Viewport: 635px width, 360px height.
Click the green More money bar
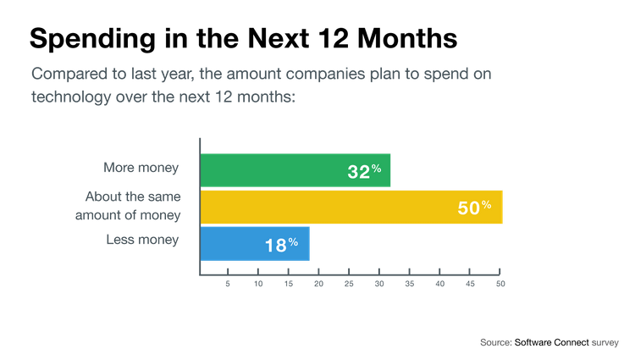(x=295, y=170)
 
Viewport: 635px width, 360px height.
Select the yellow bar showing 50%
(x=351, y=208)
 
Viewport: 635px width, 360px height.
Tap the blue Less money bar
(x=255, y=244)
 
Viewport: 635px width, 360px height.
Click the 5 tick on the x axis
(x=228, y=283)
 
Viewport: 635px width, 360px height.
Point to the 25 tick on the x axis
(x=349, y=283)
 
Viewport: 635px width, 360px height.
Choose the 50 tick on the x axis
(x=500, y=283)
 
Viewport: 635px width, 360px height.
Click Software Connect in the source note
(x=550, y=342)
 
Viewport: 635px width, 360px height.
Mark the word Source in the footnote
(x=495, y=342)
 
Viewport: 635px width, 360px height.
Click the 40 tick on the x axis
(x=440, y=283)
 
